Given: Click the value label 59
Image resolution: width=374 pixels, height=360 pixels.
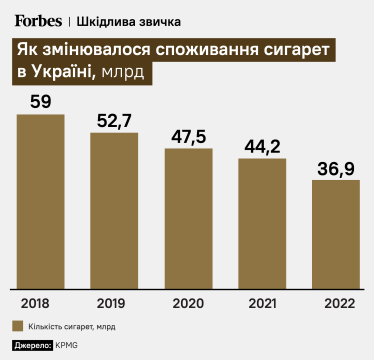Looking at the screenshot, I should tap(41, 101).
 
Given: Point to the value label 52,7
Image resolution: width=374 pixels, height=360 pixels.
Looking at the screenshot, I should tap(114, 120).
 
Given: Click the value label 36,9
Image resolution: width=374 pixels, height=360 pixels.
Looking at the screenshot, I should tap(335, 167).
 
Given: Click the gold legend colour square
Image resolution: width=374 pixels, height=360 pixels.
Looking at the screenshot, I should tap(19, 325).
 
